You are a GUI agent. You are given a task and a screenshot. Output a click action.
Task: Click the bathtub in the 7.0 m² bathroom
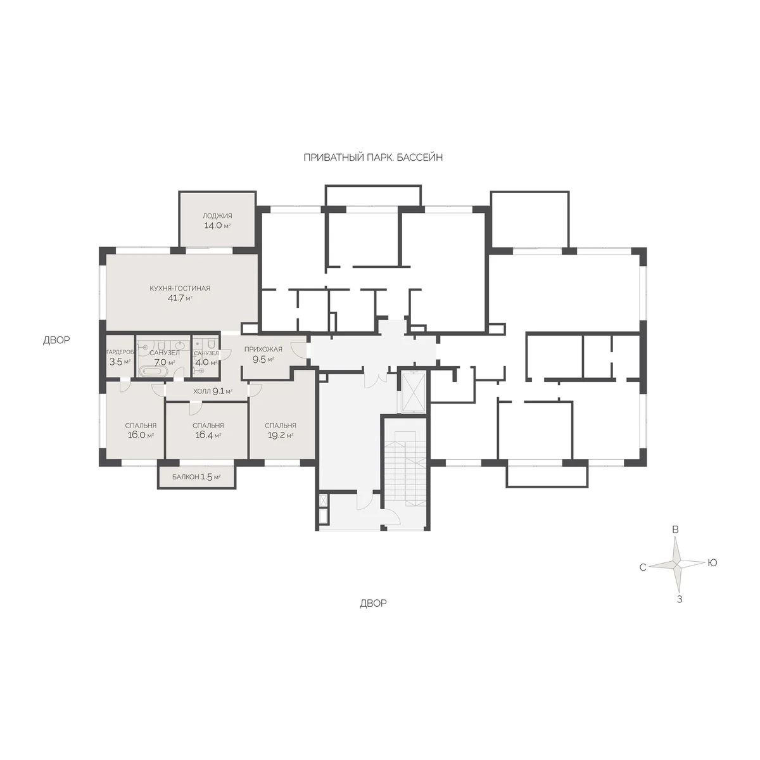tap(154, 370)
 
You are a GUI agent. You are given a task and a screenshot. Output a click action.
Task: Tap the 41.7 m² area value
tap(180, 298)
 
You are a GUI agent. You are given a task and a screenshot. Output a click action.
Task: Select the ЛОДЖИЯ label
tap(217, 216)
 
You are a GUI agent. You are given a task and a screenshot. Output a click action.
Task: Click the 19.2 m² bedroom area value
tap(281, 435)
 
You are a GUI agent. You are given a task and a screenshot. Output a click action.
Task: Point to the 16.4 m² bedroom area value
tap(208, 435)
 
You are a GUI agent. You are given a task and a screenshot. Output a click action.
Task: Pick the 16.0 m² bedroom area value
tap(141, 435)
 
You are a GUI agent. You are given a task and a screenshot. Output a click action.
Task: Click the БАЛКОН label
tap(186, 478)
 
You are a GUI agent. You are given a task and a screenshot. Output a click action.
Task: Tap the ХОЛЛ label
tap(202, 391)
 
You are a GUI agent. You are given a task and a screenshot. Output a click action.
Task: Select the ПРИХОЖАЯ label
tap(263, 350)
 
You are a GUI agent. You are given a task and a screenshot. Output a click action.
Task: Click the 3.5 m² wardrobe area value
tap(120, 362)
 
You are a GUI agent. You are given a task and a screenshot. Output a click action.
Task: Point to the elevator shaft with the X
tap(413, 391)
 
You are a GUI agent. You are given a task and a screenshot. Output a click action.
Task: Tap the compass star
tap(677, 565)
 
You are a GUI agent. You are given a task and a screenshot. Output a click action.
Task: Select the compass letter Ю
tap(712, 563)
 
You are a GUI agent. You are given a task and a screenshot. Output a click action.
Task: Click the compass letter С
tap(642, 567)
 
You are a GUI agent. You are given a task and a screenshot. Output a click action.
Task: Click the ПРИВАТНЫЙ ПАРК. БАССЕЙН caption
tap(373, 158)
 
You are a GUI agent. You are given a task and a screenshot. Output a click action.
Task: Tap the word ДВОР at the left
tap(56, 339)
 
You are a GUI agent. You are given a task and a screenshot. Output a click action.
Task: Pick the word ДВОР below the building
tap(373, 603)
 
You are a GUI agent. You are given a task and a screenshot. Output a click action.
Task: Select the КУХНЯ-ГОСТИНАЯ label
tap(180, 288)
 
